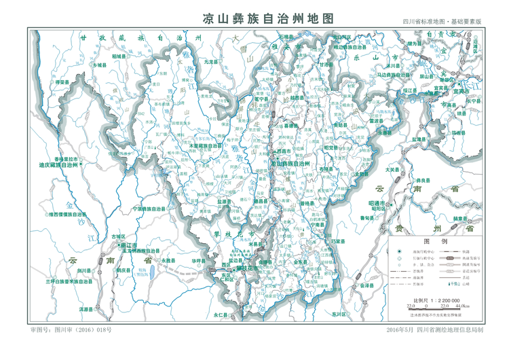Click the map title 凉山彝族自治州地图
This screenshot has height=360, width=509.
point(269,20)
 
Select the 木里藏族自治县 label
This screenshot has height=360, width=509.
point(205,145)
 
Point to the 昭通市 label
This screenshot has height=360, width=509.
point(377,203)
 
